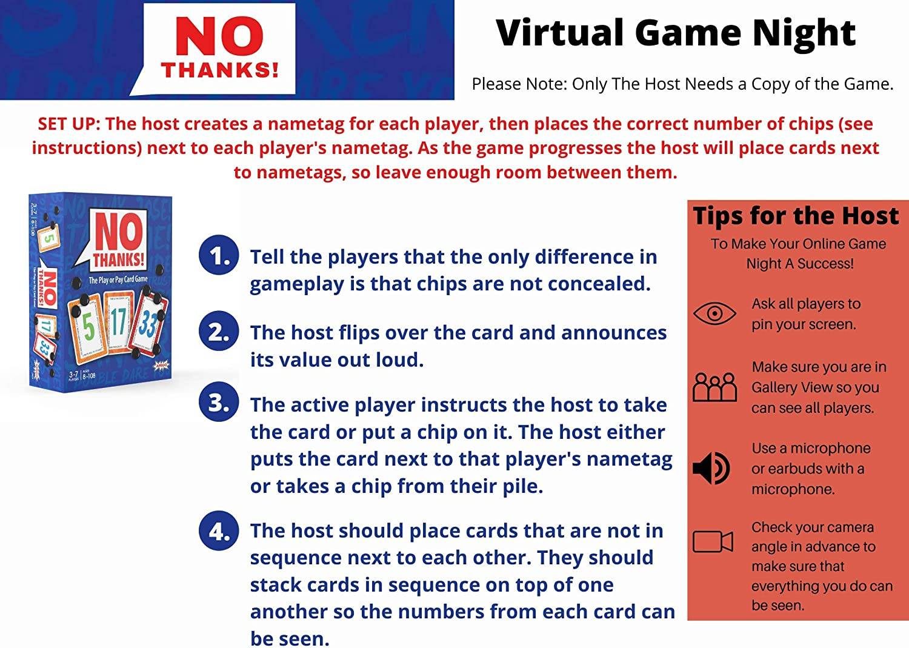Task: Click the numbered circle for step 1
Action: [219, 255]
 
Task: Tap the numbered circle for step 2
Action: [219, 331]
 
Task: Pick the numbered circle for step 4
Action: [219, 530]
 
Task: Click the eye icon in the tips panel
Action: [714, 313]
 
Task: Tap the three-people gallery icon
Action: [714, 387]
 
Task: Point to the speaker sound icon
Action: [711, 468]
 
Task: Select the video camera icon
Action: [713, 541]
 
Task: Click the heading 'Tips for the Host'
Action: [796, 216]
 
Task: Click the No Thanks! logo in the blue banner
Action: [219, 48]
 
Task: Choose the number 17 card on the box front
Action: [118, 321]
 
